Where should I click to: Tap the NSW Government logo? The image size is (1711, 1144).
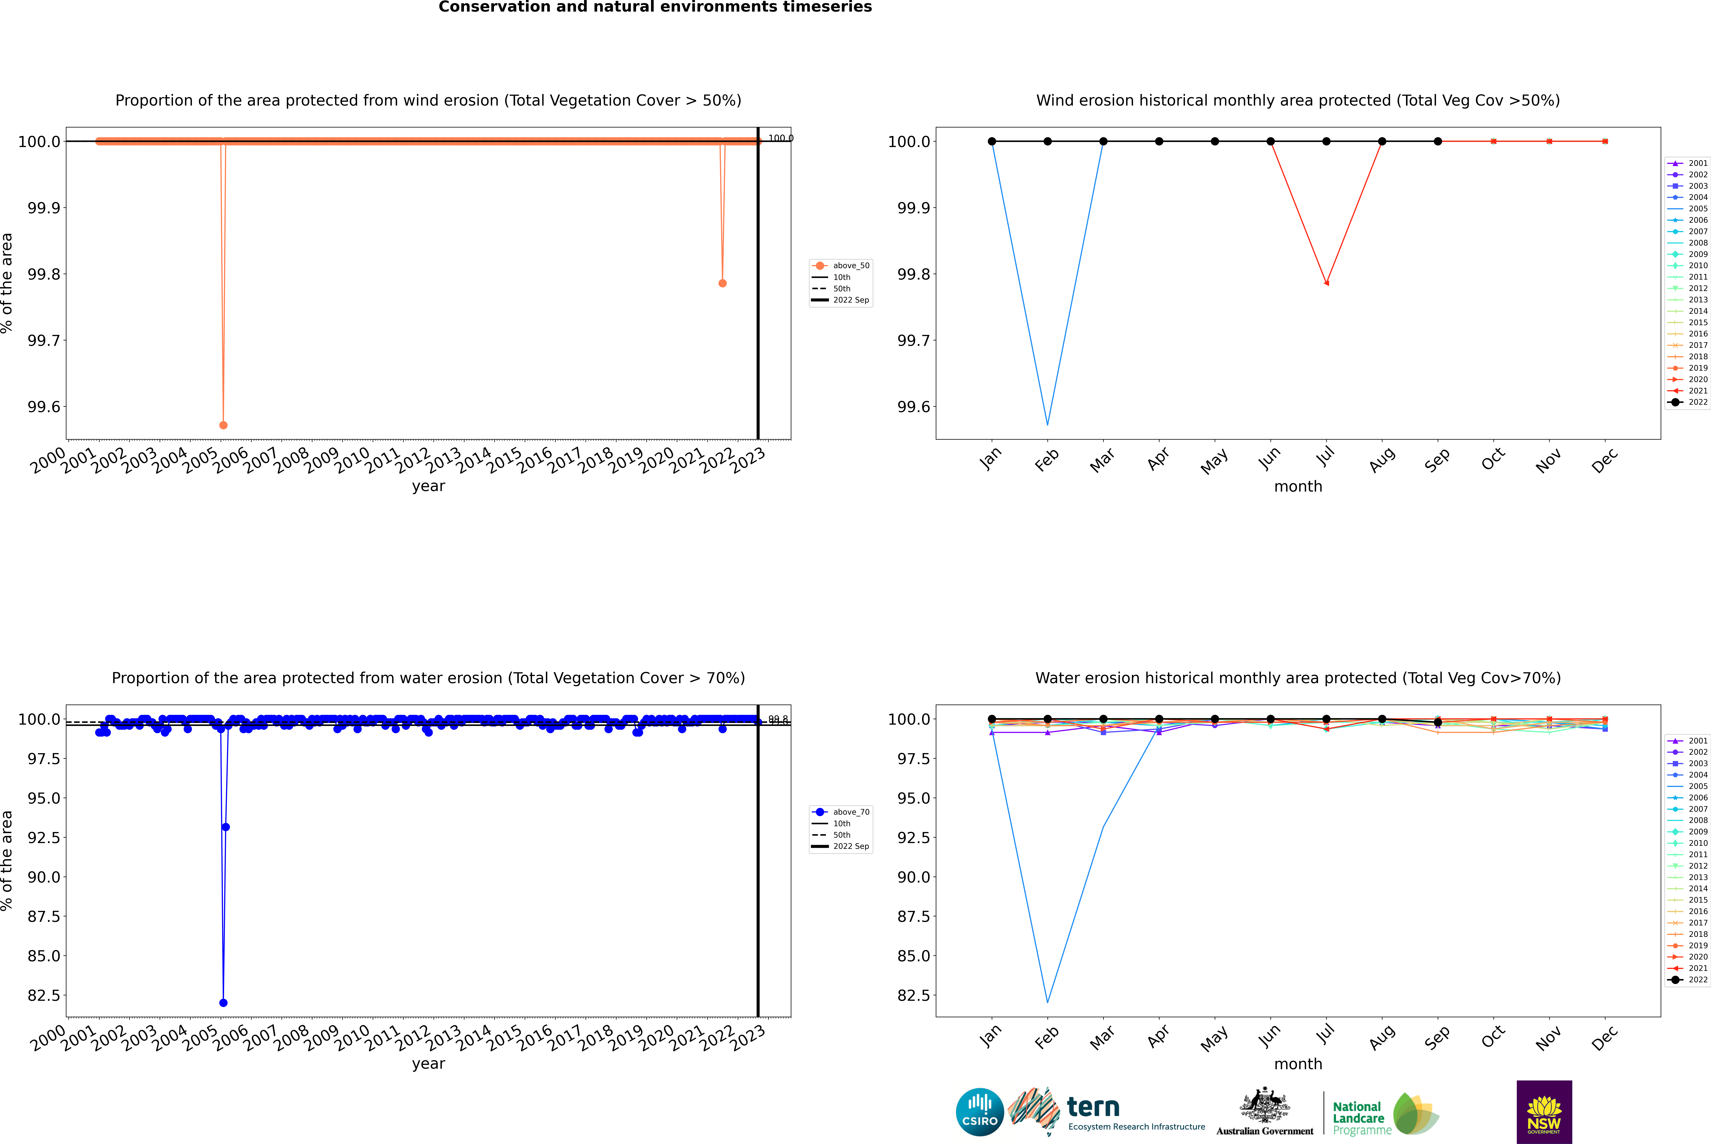1544,1112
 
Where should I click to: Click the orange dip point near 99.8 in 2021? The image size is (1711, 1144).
722,283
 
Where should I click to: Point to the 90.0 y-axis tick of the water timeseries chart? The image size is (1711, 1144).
44,877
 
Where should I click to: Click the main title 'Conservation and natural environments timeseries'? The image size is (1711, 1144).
655,7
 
